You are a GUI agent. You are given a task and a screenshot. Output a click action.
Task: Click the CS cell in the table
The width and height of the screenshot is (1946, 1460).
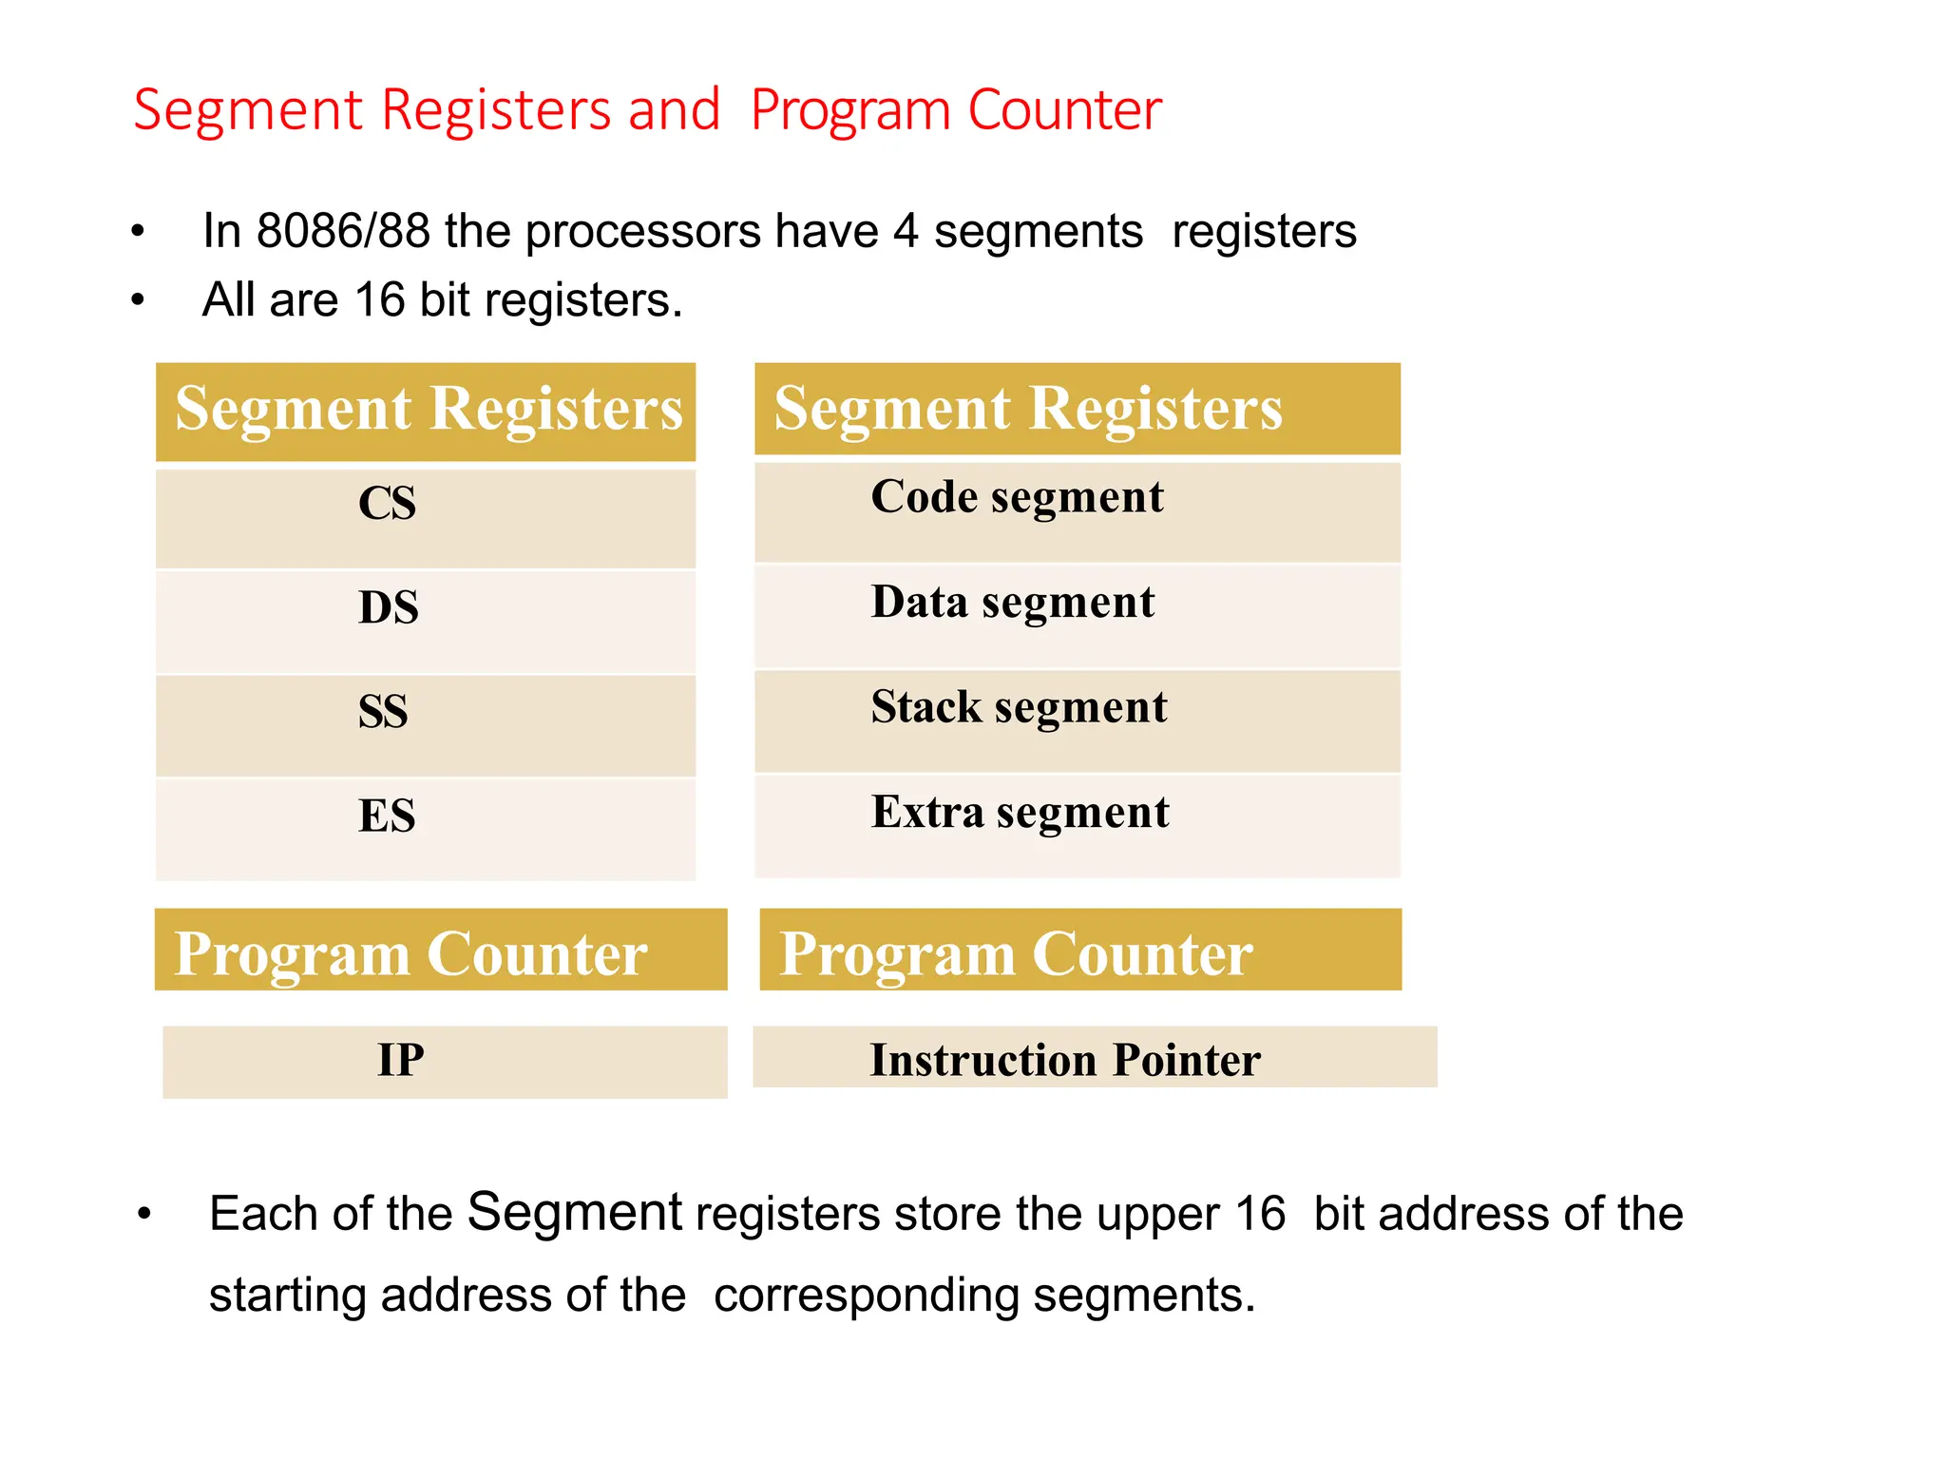coord(387,503)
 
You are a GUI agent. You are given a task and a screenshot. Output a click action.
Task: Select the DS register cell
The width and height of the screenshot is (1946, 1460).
coord(388,607)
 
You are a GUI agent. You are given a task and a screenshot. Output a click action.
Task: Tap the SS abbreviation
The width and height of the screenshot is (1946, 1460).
coord(383,712)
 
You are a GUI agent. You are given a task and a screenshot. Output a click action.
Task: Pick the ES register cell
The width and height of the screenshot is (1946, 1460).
coord(387,816)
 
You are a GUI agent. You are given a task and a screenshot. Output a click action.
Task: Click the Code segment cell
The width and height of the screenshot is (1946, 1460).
coord(1017,497)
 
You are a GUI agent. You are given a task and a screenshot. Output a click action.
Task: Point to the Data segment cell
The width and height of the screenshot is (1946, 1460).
coord(1013,603)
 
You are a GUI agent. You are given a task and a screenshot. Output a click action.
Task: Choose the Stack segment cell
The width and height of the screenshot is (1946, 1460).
coord(1019,708)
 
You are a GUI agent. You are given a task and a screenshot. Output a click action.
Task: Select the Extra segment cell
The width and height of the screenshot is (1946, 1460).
coord(1020,813)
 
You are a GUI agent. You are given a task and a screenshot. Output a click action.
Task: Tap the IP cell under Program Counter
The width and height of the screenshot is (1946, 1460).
coord(400,1060)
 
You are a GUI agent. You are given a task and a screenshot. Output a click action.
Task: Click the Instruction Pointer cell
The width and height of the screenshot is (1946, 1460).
coord(1065,1060)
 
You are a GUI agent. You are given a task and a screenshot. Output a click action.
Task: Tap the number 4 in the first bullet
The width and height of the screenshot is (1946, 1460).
coord(906,231)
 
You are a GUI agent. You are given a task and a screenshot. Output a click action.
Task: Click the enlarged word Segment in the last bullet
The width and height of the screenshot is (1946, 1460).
coord(575,1213)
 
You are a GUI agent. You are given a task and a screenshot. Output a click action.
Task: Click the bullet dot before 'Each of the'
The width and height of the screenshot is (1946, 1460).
coord(144,1214)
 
